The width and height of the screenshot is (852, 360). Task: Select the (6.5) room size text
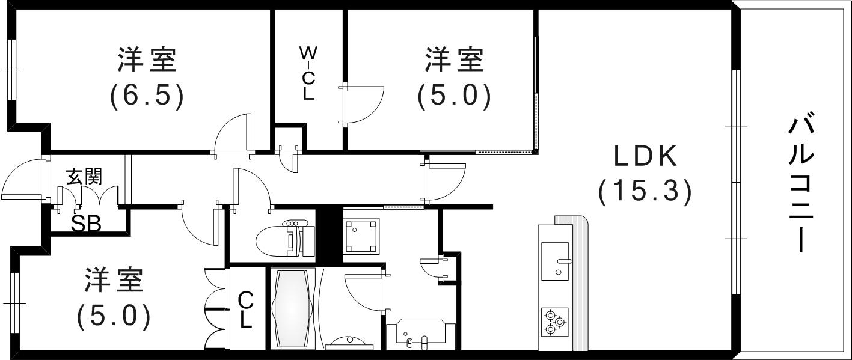tap(146, 96)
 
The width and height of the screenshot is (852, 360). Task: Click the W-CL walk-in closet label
tap(308, 72)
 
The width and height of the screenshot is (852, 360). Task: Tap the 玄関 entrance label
tap(84, 177)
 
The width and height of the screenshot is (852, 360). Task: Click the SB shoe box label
tap(86, 223)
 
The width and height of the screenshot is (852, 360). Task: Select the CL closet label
tap(245, 310)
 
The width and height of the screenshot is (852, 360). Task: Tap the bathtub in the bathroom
tap(293, 308)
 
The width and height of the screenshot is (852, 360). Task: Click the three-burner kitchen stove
tap(554, 321)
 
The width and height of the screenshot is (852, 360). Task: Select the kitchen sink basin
tap(554, 261)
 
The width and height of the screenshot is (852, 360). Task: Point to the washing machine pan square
tap(361, 236)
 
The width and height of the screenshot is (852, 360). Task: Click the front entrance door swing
tap(23, 180)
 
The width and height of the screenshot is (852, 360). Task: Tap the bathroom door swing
tap(363, 291)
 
